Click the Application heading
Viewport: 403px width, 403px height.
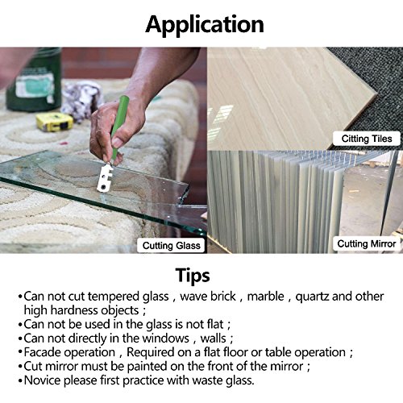(x=205, y=25)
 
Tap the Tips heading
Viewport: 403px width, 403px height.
(x=193, y=276)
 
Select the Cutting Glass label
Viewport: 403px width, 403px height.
(x=172, y=246)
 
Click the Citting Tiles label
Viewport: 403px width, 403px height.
(x=367, y=139)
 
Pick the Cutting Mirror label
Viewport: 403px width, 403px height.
(x=367, y=243)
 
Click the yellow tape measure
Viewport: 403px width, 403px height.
(x=55, y=122)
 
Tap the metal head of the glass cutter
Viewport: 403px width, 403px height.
(x=106, y=178)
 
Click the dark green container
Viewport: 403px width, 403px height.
(x=34, y=80)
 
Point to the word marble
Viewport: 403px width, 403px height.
(x=265, y=297)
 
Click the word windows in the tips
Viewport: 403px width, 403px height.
(x=166, y=339)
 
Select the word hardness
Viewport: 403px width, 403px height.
(x=75, y=310)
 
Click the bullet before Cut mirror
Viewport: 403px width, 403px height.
(x=20, y=367)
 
